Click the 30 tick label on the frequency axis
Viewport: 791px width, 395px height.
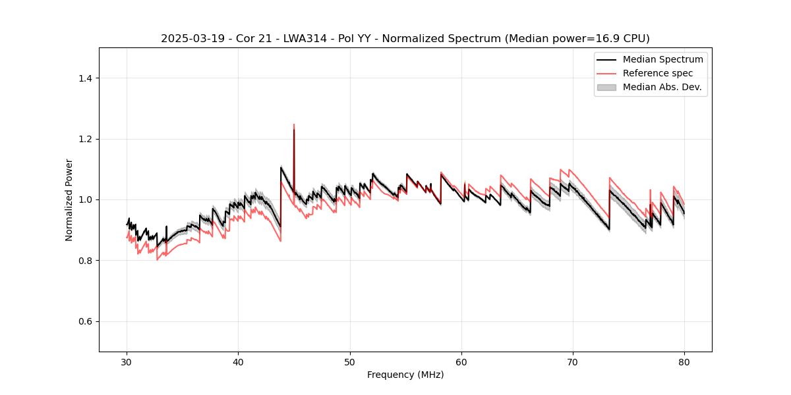pos(127,361)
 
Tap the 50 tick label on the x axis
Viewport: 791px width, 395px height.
pos(350,361)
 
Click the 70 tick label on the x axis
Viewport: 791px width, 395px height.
pos(573,361)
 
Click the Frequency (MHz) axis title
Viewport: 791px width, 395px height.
pos(405,375)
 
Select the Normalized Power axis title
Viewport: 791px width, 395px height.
pos(69,199)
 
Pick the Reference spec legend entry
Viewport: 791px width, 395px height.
pos(658,73)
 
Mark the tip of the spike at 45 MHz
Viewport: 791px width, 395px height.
pos(294,124)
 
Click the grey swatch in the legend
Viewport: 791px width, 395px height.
pos(606,87)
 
